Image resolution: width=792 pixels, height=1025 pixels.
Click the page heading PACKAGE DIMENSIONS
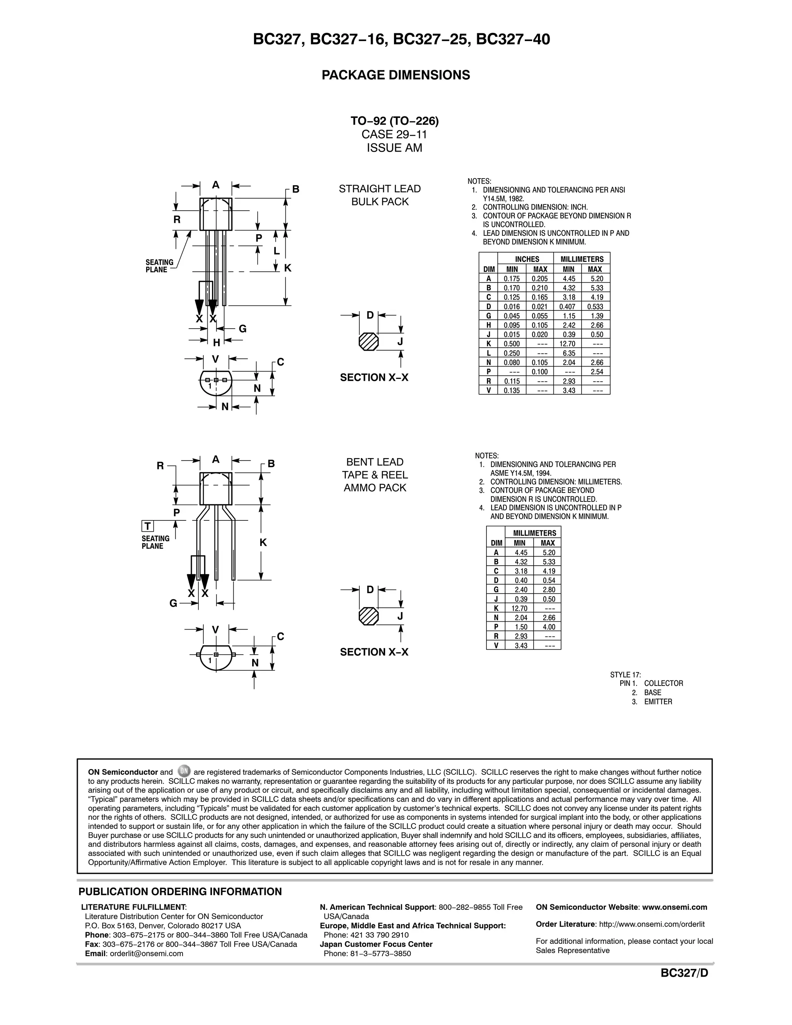[x=395, y=75]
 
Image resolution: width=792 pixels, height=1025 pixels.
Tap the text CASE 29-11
[x=394, y=135]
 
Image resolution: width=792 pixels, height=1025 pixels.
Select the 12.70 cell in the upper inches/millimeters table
[x=568, y=344]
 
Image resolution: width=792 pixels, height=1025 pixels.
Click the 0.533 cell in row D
[x=595, y=307]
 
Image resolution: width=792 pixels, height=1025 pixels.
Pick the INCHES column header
[x=527, y=259]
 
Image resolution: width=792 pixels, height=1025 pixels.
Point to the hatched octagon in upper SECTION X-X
[x=369, y=342]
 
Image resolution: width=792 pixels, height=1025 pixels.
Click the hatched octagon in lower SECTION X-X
[x=369, y=616]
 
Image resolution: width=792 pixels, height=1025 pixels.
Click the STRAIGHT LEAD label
[x=380, y=189]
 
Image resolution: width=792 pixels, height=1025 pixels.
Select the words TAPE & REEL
[x=375, y=475]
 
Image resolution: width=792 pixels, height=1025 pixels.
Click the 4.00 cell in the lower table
[x=549, y=627]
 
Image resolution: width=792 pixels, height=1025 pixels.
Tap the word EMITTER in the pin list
[x=658, y=702]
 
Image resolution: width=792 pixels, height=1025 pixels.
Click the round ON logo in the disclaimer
[x=184, y=771]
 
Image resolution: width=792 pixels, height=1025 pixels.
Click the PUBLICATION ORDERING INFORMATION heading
[x=180, y=892]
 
